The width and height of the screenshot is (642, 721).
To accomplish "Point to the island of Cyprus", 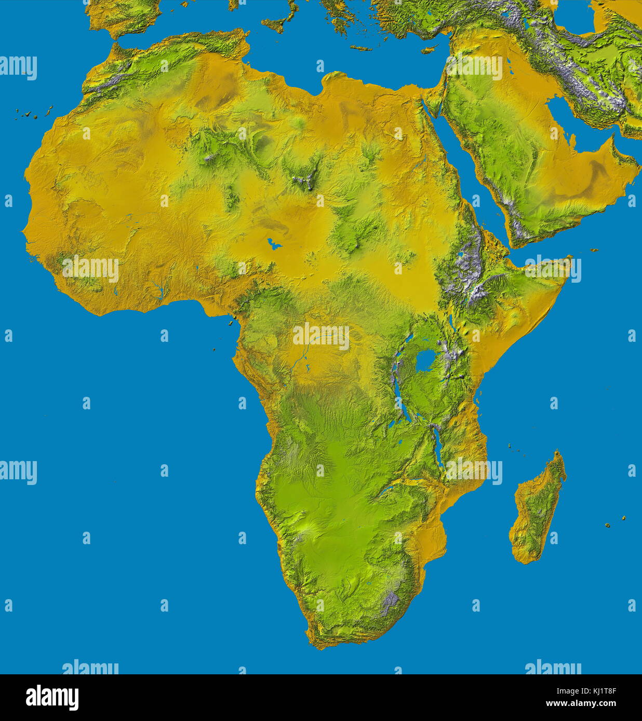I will click(429, 50).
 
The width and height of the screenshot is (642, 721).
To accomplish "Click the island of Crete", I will click(361, 48).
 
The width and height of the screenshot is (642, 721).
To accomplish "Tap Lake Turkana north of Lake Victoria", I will click(453, 320).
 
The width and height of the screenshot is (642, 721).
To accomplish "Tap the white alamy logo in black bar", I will click(52, 698).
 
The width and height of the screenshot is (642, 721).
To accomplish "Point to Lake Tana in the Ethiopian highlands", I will click(460, 254).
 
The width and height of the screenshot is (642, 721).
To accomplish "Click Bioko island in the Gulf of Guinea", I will click(229, 323).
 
